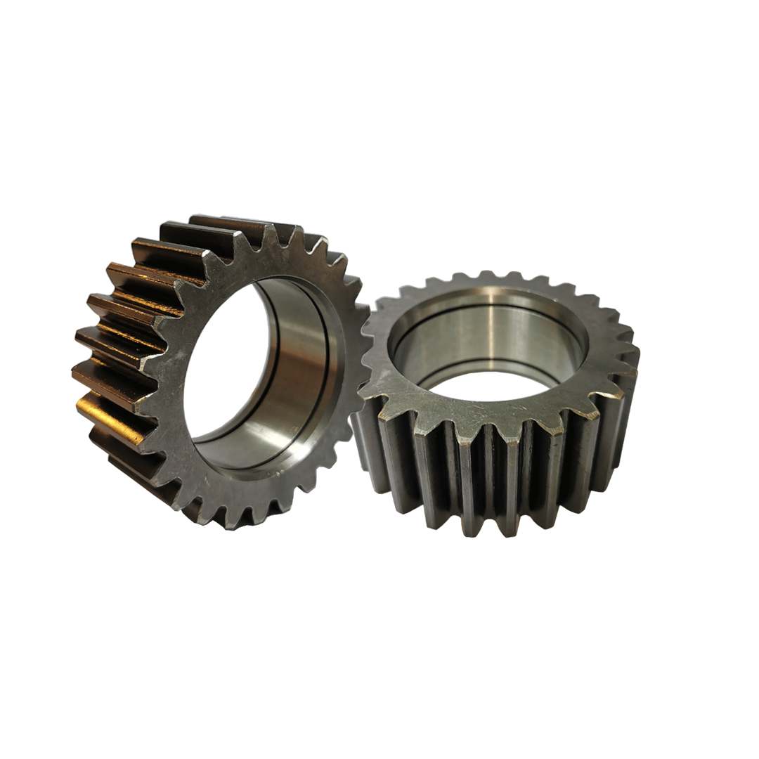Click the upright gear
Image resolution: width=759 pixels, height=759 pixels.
click(x=211, y=372)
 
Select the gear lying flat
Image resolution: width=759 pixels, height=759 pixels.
click(x=499, y=422)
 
